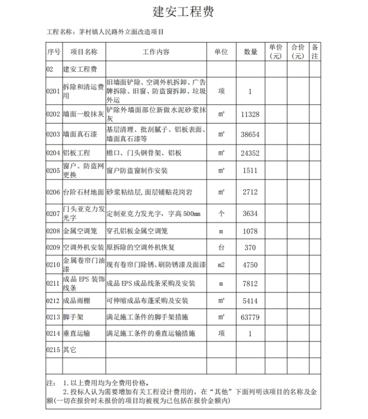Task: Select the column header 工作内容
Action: coord(156,52)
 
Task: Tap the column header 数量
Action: coord(250,52)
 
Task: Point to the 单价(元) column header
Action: coord(276,52)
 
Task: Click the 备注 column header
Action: coord(315,52)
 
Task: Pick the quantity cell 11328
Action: coord(250,114)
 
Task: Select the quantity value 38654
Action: coord(250,135)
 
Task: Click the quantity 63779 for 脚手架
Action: coord(250,317)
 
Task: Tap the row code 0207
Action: coord(53,213)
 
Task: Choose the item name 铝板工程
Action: coord(77,153)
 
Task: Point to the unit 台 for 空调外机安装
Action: coord(221,248)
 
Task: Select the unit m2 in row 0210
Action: coord(221,265)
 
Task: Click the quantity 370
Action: coord(250,248)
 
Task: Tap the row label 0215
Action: coord(53,350)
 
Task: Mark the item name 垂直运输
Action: coord(77,333)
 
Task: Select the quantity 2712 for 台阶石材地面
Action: coord(250,192)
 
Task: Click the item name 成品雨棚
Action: coord(77,301)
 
